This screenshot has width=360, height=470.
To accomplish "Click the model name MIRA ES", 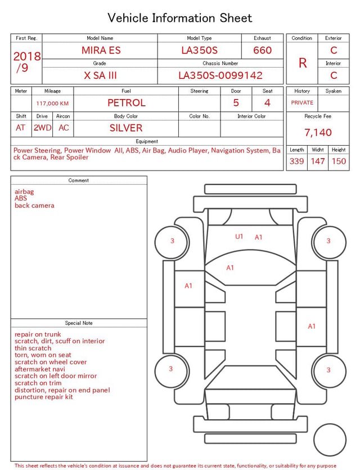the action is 101,50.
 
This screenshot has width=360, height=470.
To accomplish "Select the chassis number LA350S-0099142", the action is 220,75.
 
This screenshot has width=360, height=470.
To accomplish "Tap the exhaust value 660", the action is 262,50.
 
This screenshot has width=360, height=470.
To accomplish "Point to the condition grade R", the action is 303,63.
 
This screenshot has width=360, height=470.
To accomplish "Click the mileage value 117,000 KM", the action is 52,104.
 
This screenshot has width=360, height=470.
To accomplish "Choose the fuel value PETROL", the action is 127,103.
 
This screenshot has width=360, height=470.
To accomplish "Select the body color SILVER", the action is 126,128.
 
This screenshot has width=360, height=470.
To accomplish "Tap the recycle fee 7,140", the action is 318,132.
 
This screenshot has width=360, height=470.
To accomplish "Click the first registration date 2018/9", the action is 26,62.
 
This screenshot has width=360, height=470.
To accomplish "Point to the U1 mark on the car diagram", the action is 239,236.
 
